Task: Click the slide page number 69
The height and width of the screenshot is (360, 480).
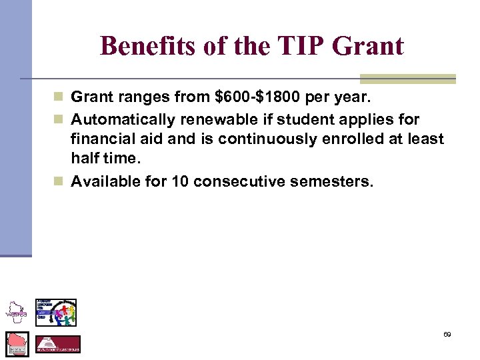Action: tap(447, 335)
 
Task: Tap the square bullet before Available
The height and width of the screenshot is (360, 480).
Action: tap(61, 181)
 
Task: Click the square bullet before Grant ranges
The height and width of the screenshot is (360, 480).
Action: tap(61, 97)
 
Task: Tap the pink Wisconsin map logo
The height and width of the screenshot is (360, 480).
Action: tap(17, 343)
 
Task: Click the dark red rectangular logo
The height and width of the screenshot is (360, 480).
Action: tap(57, 344)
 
